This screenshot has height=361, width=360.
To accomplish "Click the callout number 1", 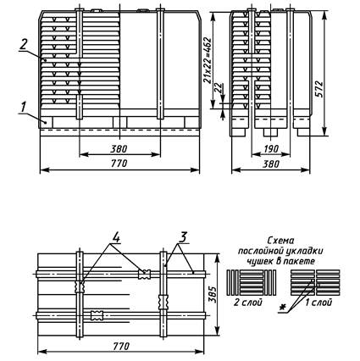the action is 23,107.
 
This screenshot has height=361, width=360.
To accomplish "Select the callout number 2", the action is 24,44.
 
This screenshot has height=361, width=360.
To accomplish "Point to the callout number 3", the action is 182,238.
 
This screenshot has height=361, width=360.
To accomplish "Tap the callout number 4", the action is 115,237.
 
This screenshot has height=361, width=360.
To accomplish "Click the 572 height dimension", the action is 318,89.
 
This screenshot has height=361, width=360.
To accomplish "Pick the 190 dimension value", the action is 272,148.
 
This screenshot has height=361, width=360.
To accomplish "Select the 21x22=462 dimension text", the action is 208,60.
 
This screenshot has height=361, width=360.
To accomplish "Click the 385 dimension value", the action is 213,295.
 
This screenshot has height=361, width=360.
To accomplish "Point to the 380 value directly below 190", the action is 271,164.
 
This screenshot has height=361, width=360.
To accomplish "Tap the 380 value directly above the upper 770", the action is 119,148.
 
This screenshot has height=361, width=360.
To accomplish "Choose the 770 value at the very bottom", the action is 121,346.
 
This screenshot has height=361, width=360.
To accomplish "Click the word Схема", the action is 280,241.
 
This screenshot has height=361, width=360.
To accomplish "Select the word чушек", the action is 259,262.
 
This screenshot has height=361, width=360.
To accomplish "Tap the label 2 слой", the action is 248,303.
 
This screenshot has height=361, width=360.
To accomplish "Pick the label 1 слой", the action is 318,303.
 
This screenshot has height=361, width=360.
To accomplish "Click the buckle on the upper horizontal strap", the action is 144,274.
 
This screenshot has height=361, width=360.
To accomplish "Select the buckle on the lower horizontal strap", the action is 97,315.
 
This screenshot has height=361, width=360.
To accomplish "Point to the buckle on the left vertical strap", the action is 80,287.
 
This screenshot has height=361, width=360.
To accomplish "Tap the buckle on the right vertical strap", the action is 163,302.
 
